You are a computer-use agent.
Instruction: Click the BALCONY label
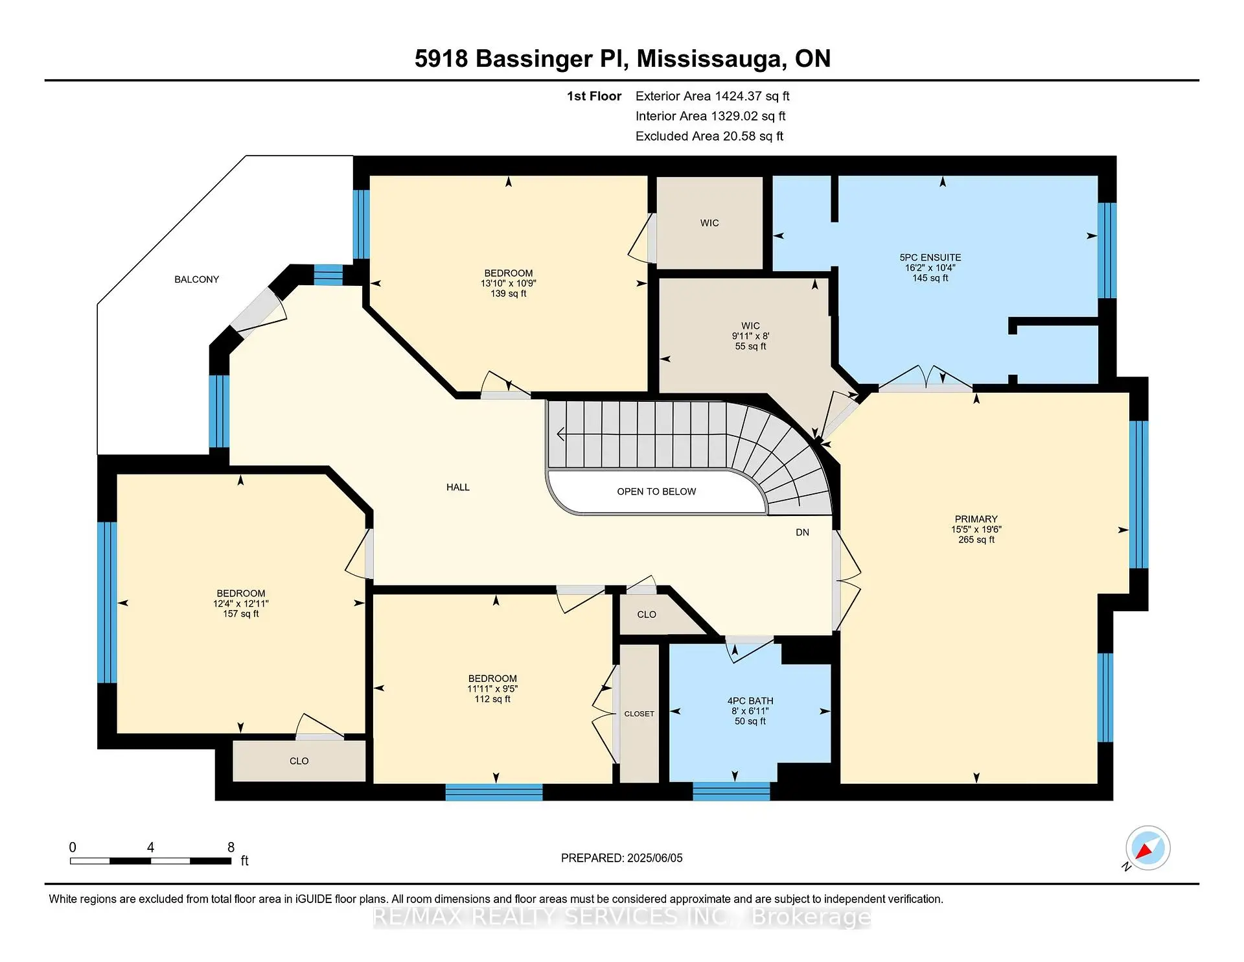point(196,279)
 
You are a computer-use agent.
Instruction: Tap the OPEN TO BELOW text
point(656,491)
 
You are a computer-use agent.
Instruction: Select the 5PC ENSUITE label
point(930,257)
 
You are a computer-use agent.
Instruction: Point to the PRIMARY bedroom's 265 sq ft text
point(976,539)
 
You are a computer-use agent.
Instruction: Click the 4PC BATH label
point(750,701)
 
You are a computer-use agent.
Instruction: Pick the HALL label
point(457,487)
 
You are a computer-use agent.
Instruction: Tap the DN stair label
point(802,532)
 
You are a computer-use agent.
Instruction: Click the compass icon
point(1147,848)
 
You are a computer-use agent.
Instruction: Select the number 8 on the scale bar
point(231,847)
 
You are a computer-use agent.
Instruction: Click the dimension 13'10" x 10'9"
point(508,283)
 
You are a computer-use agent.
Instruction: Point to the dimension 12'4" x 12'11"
point(240,604)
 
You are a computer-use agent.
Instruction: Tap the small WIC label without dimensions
point(709,223)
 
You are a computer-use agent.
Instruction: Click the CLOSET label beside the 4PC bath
point(639,714)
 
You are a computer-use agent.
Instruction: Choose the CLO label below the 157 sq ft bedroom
point(299,761)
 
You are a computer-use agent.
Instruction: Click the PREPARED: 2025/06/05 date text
point(621,858)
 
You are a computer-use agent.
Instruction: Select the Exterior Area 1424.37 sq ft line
point(712,96)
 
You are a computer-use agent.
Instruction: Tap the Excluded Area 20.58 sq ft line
point(709,136)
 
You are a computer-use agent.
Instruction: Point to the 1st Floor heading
point(593,96)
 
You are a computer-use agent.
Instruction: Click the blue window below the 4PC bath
point(731,791)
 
